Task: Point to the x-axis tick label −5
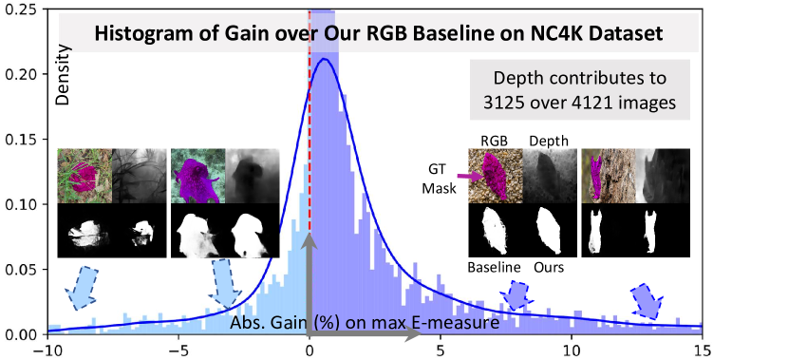pyautogui.click(x=178, y=350)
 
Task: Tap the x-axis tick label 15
pyautogui.click(x=703, y=350)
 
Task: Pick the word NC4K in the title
pyautogui.click(x=565, y=33)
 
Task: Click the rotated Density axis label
pyautogui.click(x=64, y=75)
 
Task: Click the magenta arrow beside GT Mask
pyautogui.click(x=469, y=177)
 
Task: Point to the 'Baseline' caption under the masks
pyautogui.click(x=494, y=267)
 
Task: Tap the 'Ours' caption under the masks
pyautogui.click(x=549, y=267)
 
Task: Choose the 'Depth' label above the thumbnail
pyautogui.click(x=549, y=142)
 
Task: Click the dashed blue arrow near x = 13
pyautogui.click(x=647, y=300)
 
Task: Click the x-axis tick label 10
pyautogui.click(x=572, y=350)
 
